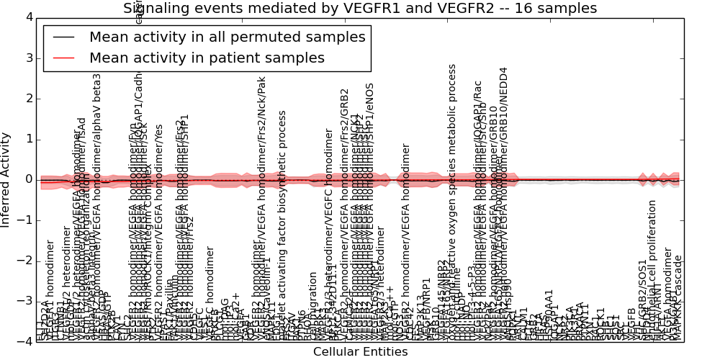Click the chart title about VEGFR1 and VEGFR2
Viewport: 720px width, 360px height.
click(x=360, y=9)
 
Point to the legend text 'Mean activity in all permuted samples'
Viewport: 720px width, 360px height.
click(x=227, y=37)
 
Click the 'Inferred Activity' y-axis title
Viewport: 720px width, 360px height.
click(x=6, y=179)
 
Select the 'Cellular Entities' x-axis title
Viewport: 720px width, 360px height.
click(x=360, y=352)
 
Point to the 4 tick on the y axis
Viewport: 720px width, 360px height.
click(x=28, y=17)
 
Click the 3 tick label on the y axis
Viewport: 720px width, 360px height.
click(x=28, y=58)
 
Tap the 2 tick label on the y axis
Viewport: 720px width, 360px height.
click(x=28, y=99)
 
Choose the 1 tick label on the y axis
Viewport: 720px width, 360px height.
click(x=28, y=139)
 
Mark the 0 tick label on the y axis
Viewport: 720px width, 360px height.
click(x=28, y=179)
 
